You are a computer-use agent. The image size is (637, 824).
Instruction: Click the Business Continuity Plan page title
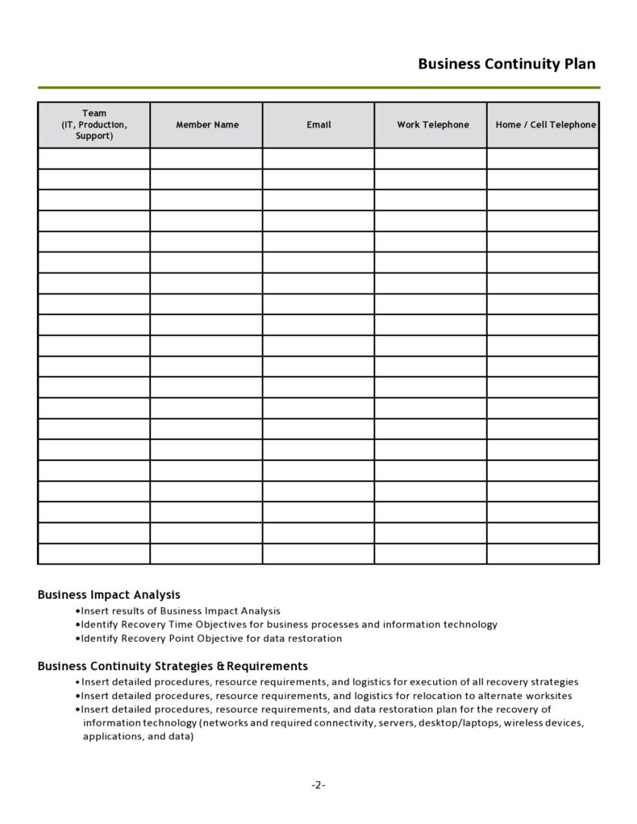506,65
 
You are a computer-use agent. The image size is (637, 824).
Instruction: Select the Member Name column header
206,125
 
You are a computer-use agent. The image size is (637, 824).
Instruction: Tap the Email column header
318,125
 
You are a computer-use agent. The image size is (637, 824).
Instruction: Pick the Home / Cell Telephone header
545,125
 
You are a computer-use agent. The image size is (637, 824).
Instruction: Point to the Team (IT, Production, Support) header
94,125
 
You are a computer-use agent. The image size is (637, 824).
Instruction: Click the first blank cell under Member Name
206,159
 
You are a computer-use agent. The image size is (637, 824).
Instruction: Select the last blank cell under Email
318,554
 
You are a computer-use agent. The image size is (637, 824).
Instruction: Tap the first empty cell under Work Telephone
431,159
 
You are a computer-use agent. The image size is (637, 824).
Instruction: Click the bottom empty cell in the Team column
94,554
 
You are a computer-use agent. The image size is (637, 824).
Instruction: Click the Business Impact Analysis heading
109,595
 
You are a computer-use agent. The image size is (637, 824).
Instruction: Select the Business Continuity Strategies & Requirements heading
173,667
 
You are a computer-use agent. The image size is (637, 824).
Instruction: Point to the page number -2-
318,785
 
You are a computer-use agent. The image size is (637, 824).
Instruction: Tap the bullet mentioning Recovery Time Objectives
289,625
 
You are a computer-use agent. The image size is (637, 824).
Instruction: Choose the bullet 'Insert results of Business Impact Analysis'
181,611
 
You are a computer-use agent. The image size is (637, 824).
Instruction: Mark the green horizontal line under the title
318,87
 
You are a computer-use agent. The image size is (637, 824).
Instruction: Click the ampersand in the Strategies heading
220,667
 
